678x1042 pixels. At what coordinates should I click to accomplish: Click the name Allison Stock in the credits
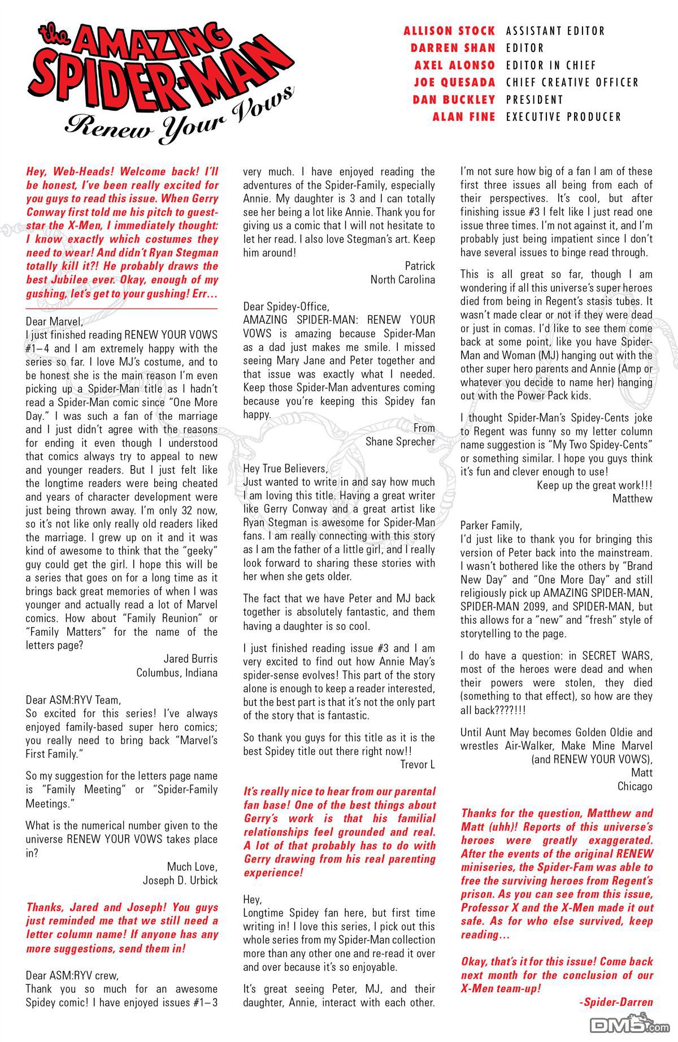point(449,31)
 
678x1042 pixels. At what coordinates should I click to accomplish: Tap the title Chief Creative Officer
point(572,83)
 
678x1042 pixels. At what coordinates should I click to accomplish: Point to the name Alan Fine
point(463,117)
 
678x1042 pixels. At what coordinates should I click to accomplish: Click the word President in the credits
point(534,100)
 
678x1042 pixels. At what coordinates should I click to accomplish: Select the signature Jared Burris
point(190,659)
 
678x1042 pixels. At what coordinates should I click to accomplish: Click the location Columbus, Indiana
point(176,672)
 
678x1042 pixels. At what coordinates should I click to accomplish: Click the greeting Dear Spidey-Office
point(285,306)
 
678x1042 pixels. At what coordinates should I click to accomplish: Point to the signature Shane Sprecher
point(400,441)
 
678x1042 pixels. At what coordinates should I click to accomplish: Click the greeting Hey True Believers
point(285,468)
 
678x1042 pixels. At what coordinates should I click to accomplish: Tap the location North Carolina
point(402,279)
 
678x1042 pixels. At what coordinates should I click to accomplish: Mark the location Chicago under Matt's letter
point(634,786)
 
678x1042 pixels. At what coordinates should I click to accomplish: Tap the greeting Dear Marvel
point(54,322)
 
